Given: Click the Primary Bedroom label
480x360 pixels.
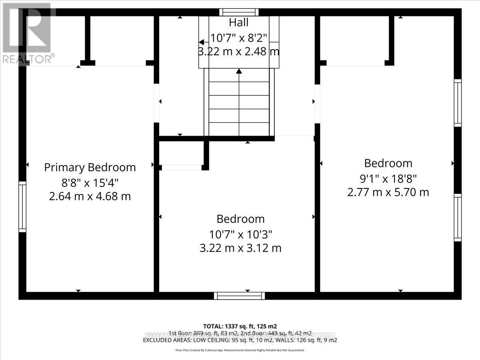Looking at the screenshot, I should pyautogui.click(x=90, y=167).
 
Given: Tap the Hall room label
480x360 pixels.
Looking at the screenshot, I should pyautogui.click(x=239, y=22).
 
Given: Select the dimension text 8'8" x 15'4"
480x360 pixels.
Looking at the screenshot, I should pyautogui.click(x=90, y=182).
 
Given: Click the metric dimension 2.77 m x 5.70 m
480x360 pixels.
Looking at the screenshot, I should pyautogui.click(x=388, y=192).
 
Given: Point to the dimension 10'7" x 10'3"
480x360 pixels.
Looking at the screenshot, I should pyautogui.click(x=240, y=234).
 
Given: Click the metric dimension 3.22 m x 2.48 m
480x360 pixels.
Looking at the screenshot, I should pyautogui.click(x=239, y=52).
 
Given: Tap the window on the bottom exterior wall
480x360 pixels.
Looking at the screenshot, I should pyautogui.click(x=239, y=296).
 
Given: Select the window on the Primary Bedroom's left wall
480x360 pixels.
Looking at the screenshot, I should pyautogui.click(x=22, y=207).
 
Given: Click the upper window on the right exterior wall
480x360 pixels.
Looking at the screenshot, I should pyautogui.click(x=458, y=103).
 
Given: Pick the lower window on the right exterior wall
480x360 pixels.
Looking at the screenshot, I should pyautogui.click(x=458, y=217).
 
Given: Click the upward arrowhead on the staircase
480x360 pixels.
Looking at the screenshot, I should pyautogui.click(x=239, y=72).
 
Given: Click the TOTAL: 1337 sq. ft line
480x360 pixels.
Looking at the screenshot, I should pyautogui.click(x=240, y=326).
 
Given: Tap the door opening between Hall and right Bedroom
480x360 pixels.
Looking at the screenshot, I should pyautogui.click(x=317, y=103).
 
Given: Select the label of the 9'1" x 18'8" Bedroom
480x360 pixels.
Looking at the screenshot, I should pyautogui.click(x=388, y=163).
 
